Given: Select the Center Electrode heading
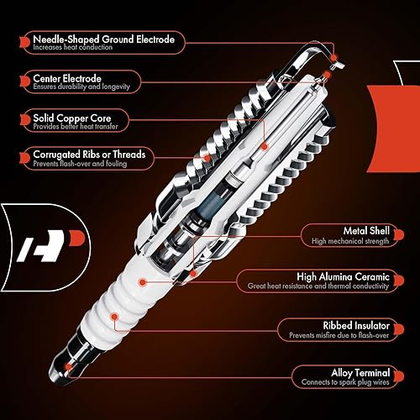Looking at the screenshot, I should pos(68,80).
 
